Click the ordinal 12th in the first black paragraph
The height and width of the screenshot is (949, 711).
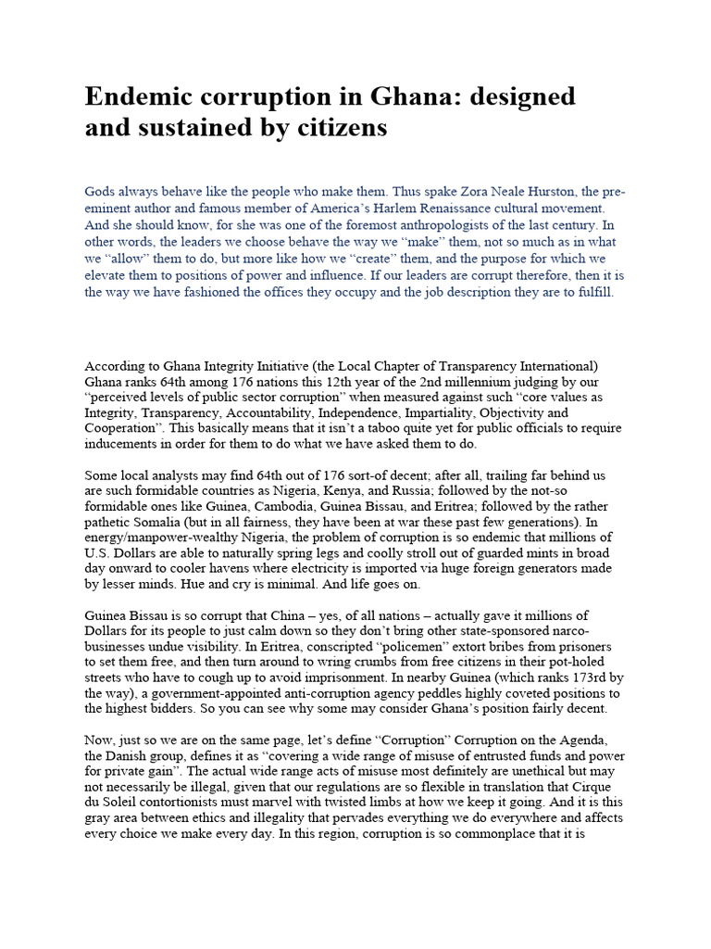(338, 379)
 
